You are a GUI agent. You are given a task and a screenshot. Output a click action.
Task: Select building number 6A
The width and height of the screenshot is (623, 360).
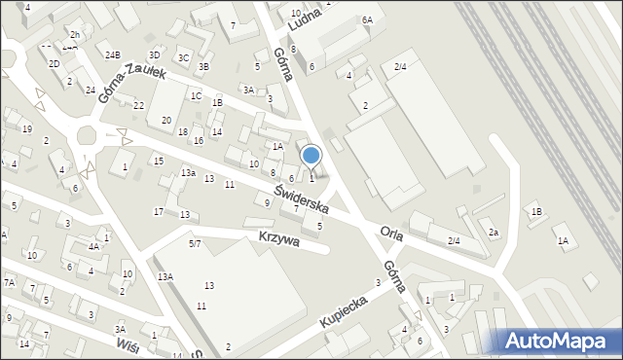[367, 20]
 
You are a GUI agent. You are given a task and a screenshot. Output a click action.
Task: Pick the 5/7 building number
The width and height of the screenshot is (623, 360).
[195, 243]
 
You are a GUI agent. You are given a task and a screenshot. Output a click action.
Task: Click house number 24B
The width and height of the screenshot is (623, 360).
[113, 55]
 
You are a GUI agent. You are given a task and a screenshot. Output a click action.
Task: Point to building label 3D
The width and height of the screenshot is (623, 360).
[154, 55]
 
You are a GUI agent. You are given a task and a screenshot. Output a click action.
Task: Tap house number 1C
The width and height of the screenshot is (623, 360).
[196, 95]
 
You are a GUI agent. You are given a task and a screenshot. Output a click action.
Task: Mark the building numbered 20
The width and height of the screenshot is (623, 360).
[166, 120]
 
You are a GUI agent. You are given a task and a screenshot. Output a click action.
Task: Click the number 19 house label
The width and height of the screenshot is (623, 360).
[27, 129]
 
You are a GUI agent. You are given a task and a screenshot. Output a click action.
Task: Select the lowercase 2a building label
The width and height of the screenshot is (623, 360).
[494, 233]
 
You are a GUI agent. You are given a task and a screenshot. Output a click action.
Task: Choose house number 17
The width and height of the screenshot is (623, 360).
[159, 212]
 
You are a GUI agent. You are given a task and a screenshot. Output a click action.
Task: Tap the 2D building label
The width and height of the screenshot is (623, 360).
[55, 64]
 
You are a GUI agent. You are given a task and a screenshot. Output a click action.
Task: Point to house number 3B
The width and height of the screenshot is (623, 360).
[203, 67]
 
